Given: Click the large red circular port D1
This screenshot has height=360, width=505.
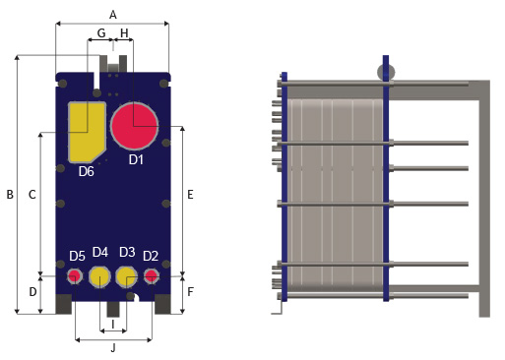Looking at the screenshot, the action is (135, 126).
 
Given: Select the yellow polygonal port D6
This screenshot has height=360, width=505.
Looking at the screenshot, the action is (86, 132).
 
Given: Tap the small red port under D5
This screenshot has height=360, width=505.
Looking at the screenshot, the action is (75, 276).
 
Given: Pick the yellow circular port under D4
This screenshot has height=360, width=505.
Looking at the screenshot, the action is (99, 277).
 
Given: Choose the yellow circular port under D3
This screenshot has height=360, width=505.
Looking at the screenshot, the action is (127, 277).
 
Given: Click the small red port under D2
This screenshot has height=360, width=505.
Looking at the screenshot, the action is (152, 276).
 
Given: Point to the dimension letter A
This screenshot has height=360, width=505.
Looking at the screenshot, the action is (112, 15).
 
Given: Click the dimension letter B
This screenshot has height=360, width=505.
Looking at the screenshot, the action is (10, 195).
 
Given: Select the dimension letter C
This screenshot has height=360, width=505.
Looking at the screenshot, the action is (32, 195).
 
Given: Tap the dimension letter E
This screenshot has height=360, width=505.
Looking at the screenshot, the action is (190, 195).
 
